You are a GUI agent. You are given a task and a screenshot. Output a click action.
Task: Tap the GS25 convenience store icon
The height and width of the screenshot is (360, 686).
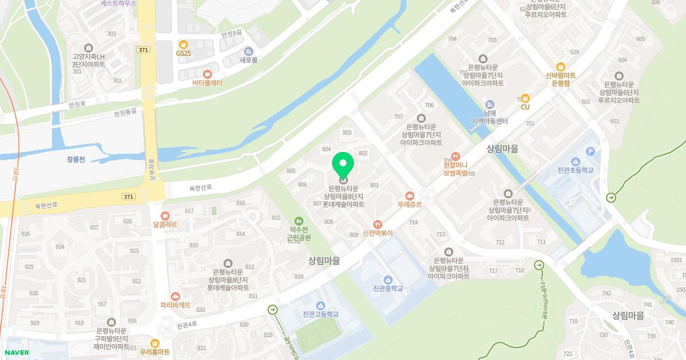(x=183, y=44)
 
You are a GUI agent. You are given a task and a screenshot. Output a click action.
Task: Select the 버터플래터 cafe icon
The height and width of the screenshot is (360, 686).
(x=207, y=74)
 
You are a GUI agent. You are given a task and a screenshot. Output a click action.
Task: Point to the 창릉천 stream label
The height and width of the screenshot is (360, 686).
(x=75, y=159)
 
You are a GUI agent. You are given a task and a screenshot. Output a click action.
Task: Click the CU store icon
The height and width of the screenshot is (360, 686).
(x=525, y=98)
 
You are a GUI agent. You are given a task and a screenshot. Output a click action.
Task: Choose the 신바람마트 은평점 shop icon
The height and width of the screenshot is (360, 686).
(x=561, y=66)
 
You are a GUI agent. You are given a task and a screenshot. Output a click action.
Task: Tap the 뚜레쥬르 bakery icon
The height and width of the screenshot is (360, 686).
(x=409, y=195)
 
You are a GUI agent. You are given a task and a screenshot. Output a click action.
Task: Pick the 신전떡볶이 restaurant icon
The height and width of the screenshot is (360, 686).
(x=377, y=224)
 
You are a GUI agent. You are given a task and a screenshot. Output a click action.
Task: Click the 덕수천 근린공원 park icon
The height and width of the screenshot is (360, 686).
(x=297, y=221)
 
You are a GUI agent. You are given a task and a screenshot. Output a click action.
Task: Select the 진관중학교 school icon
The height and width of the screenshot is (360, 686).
(x=388, y=279)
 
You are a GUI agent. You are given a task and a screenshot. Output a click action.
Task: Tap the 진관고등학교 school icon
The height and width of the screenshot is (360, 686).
(x=320, y=305)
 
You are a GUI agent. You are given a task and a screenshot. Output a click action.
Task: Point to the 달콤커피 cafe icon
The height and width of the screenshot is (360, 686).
(x=165, y=215)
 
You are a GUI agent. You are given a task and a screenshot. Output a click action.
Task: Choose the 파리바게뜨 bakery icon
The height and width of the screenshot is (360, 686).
(x=176, y=296)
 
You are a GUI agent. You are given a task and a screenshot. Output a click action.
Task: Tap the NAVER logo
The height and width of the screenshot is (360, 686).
(x=17, y=353)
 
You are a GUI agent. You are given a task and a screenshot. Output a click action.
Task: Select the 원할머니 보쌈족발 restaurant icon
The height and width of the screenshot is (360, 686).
(x=456, y=155)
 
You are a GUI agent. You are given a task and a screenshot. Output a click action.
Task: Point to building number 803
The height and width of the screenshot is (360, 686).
(x=347, y=133)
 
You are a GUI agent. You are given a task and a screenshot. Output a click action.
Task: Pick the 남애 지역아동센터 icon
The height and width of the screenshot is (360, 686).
(x=490, y=105)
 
